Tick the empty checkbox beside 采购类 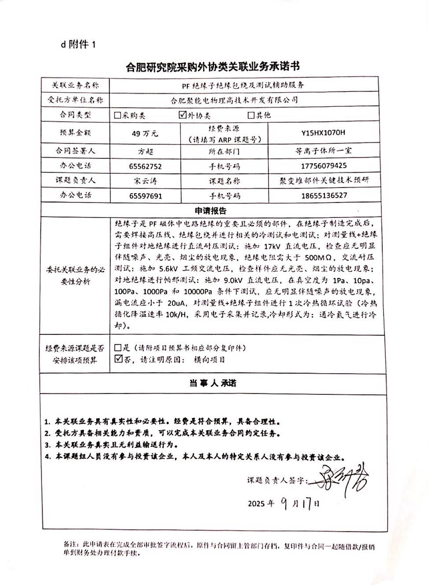(117, 115)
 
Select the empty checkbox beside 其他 (251, 115)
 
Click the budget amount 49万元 (145, 133)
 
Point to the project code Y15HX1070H (323, 132)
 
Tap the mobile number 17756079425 (324, 166)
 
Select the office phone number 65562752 (145, 166)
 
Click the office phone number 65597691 (145, 196)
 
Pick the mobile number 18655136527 (324, 195)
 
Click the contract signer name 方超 (145, 151)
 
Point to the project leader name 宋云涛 (145, 181)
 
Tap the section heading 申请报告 (210, 211)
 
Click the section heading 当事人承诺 (213, 383)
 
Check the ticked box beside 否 (118, 359)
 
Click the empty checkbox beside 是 (117, 348)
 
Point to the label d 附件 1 (79, 44)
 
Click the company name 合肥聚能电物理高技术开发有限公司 (234, 100)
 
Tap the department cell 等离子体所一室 (323, 151)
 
